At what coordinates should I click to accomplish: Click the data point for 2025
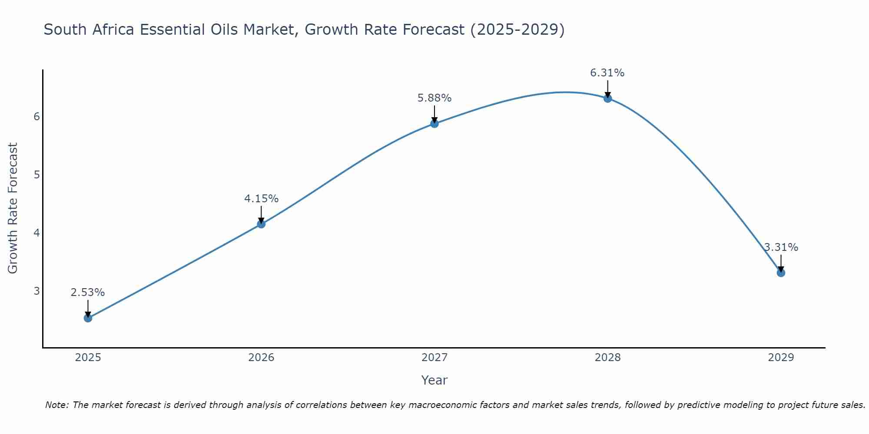(x=88, y=318)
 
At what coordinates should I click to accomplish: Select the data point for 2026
(x=261, y=224)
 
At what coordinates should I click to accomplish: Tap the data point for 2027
(x=434, y=124)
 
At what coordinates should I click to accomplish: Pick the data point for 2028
(x=608, y=99)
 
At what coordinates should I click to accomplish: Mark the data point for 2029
(x=781, y=273)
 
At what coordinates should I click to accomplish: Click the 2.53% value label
(x=88, y=293)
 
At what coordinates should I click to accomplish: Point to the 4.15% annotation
(x=261, y=199)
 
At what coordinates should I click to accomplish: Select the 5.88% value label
(x=434, y=98)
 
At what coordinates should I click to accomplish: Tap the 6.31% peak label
(x=607, y=73)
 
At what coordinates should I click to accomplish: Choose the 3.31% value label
(x=781, y=247)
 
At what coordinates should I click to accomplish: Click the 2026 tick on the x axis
(x=261, y=358)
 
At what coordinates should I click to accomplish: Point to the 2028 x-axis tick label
(x=608, y=358)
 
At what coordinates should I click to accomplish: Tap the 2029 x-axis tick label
(x=781, y=358)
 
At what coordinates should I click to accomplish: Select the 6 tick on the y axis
(x=36, y=117)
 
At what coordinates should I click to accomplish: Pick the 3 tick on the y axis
(x=36, y=291)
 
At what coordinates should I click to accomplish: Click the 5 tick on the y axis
(x=36, y=175)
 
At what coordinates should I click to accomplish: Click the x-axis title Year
(x=434, y=380)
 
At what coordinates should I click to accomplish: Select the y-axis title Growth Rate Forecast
(x=13, y=208)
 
